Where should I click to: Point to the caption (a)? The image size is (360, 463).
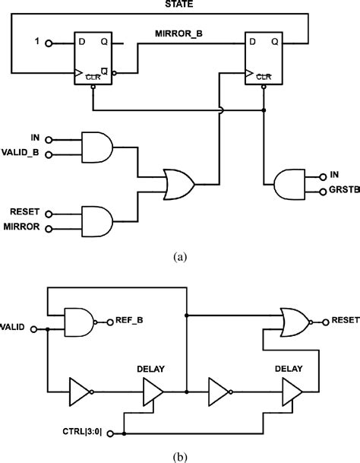pyautogui.click(x=179, y=257)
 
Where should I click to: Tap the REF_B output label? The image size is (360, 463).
pyautogui.click(x=131, y=321)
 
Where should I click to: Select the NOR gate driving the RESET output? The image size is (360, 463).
pyautogui.click(x=296, y=322)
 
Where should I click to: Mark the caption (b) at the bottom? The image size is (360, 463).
pyautogui.click(x=179, y=455)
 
